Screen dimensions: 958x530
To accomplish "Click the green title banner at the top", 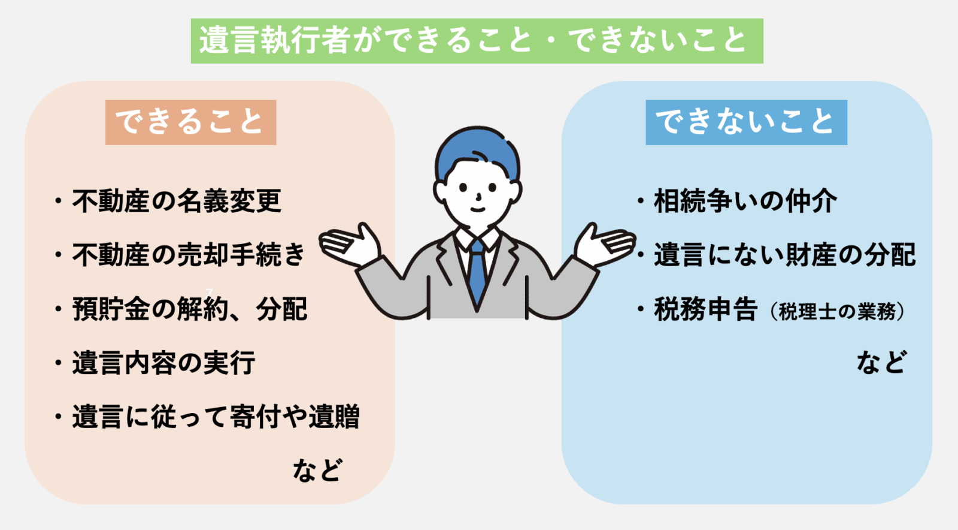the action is (477, 41).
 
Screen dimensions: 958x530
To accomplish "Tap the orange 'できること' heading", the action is (191, 122).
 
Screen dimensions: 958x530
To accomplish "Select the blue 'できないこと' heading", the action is (746, 122).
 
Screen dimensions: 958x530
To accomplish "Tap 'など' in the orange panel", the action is (317, 469).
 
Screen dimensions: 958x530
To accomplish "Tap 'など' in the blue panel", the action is (881, 362).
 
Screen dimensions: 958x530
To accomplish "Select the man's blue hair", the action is (477, 152).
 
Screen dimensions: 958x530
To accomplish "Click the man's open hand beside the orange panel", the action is (349, 245).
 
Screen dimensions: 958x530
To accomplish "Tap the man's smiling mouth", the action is (478, 209).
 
